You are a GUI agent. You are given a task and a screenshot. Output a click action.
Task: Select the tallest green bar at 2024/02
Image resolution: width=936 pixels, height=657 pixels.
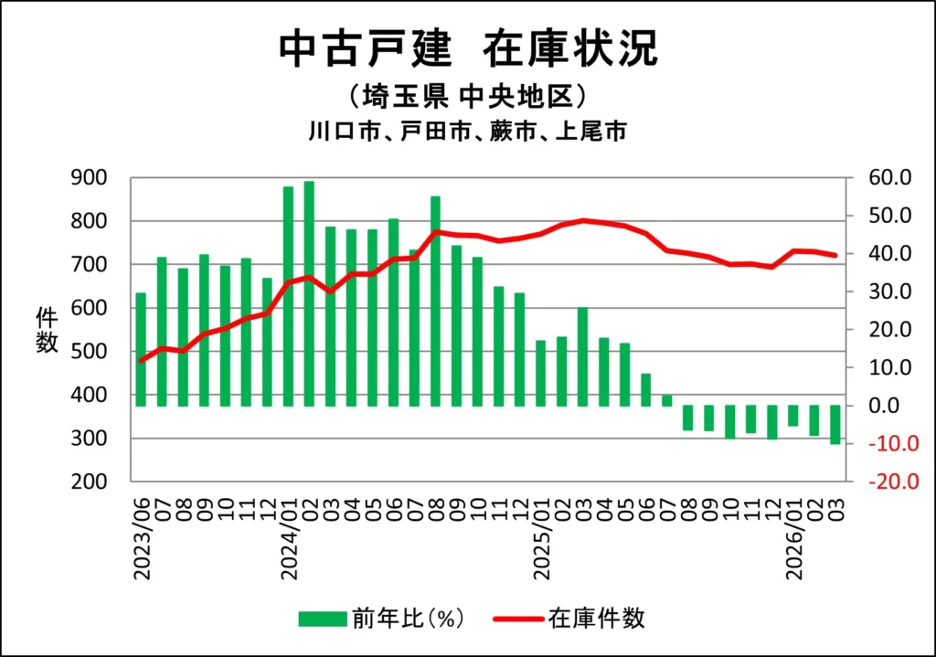(x=309, y=292)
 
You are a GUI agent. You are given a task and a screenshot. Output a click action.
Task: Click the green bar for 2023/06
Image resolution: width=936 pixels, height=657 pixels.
(x=141, y=349)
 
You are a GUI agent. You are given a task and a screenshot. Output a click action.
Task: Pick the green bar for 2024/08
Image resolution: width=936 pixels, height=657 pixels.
(x=435, y=301)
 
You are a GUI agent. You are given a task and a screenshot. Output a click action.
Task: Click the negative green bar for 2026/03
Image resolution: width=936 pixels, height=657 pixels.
(x=835, y=424)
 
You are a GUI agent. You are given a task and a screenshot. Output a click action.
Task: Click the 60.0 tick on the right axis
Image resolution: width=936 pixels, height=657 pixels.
(x=891, y=177)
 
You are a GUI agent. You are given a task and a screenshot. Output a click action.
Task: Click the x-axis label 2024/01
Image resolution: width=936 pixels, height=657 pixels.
(x=289, y=539)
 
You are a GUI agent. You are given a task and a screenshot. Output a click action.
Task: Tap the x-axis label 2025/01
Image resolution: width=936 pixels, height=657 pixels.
(x=541, y=539)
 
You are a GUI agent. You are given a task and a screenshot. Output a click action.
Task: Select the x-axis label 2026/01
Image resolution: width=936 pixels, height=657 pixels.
(x=793, y=539)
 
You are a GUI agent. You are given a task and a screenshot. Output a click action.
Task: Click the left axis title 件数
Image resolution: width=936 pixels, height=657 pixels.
(x=48, y=330)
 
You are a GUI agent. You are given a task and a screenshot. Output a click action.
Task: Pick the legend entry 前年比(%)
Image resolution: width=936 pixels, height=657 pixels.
(x=383, y=619)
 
